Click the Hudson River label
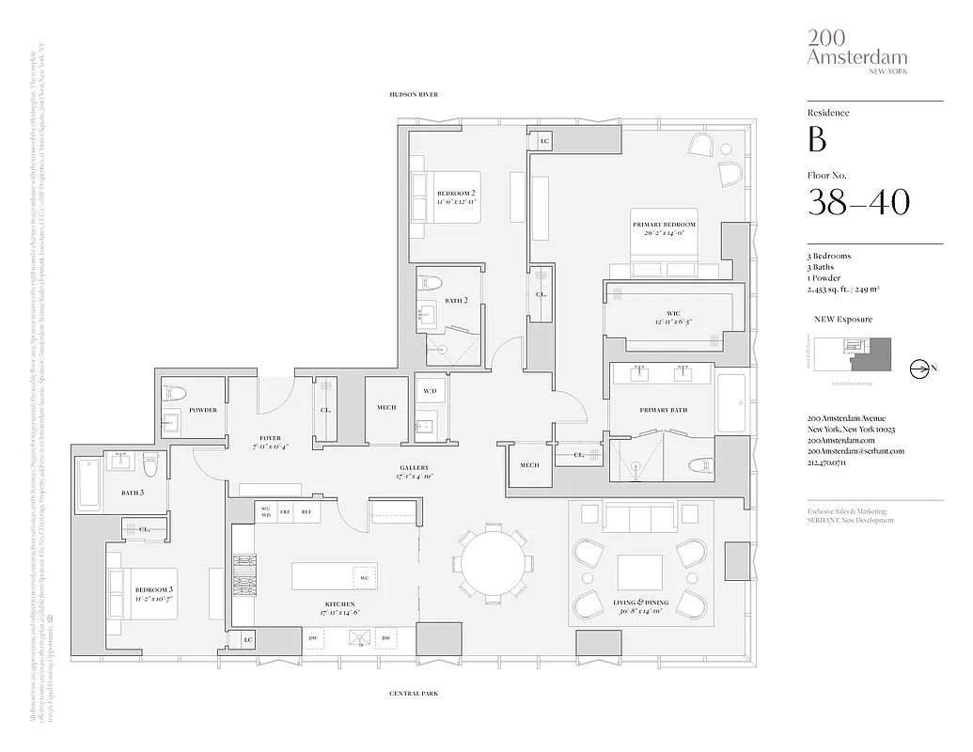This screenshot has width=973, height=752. pyautogui.click(x=415, y=95)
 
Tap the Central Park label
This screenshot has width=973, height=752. pyautogui.click(x=414, y=694)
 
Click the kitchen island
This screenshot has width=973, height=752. pyautogui.click(x=335, y=576)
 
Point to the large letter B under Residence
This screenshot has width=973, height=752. pyautogui.click(x=817, y=139)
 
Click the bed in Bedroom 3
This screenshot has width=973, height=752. pyautogui.click(x=142, y=594)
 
